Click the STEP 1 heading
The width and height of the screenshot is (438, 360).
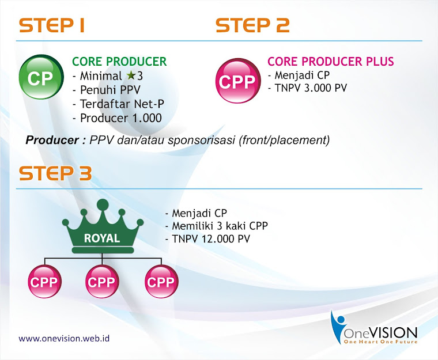(x=52, y=25)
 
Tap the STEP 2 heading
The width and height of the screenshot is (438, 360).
(x=252, y=25)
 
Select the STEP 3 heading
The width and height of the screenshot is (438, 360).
(x=55, y=173)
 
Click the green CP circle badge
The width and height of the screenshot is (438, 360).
(x=41, y=77)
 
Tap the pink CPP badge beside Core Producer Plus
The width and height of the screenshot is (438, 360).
(x=237, y=81)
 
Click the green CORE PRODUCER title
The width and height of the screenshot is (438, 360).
(x=119, y=62)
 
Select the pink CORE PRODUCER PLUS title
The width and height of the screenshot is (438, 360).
(x=330, y=62)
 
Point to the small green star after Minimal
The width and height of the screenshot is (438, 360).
(x=130, y=75)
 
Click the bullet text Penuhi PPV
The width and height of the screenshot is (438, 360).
(x=110, y=90)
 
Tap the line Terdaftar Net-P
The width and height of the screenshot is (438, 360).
(x=122, y=104)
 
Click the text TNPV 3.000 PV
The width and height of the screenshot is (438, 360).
(x=311, y=88)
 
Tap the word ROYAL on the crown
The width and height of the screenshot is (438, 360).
(x=102, y=238)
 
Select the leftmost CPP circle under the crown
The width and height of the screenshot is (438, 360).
(x=44, y=281)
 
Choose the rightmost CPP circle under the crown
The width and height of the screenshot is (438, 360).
(x=161, y=281)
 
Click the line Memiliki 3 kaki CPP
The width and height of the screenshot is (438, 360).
(x=220, y=226)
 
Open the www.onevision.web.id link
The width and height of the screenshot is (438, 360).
(x=64, y=339)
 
